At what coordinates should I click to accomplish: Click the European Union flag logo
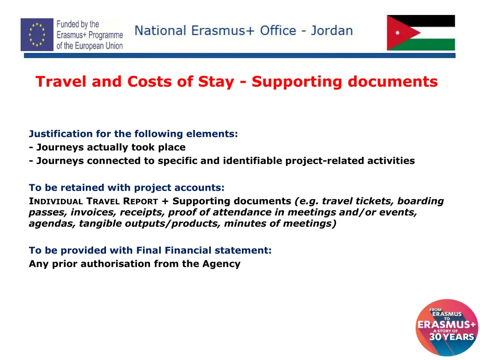[x=37, y=34]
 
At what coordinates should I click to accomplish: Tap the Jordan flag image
[x=420, y=33]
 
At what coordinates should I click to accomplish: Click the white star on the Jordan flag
[x=397, y=33]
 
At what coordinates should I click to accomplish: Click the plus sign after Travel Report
[x=165, y=202]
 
